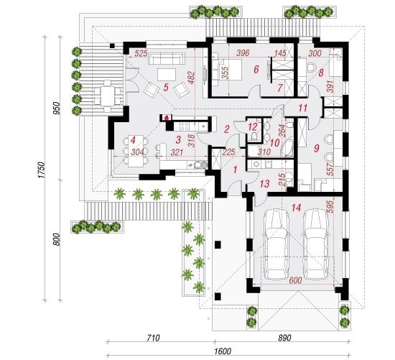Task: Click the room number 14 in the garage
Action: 296,208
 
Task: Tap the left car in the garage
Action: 276,244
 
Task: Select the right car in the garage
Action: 316,244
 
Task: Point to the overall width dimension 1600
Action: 223,351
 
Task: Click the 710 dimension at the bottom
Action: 153,338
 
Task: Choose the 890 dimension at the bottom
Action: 284,338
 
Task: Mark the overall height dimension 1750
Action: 42,170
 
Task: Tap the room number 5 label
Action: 166,88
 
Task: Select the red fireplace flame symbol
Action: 167,117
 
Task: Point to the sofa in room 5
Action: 167,59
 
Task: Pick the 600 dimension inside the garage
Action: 295,280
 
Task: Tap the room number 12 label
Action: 253,126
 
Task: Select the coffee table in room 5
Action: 167,75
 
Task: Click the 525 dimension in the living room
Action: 141,53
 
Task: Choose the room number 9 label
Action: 317,148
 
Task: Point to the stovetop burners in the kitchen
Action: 185,126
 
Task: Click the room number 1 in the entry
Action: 236,170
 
